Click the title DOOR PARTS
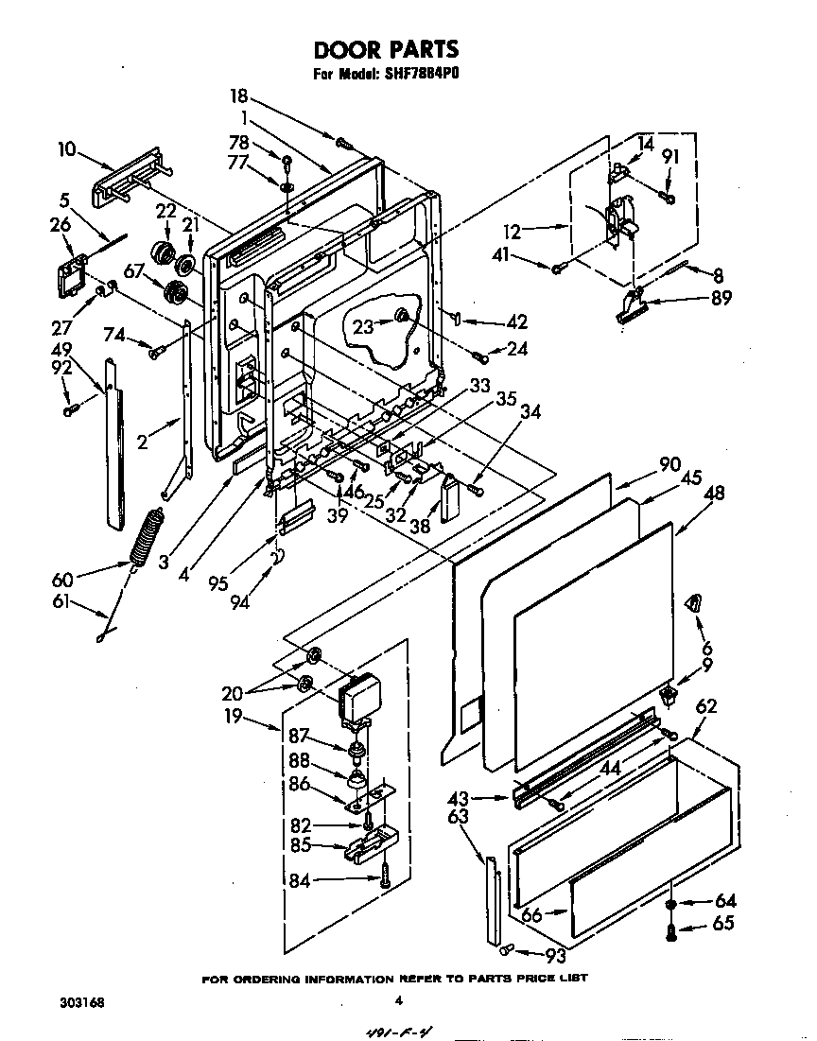(x=386, y=49)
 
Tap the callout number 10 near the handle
(x=66, y=148)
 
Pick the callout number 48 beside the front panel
(x=715, y=493)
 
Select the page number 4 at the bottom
(x=398, y=1001)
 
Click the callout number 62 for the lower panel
(x=705, y=705)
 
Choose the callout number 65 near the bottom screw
(x=723, y=924)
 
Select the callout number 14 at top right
(x=646, y=144)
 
